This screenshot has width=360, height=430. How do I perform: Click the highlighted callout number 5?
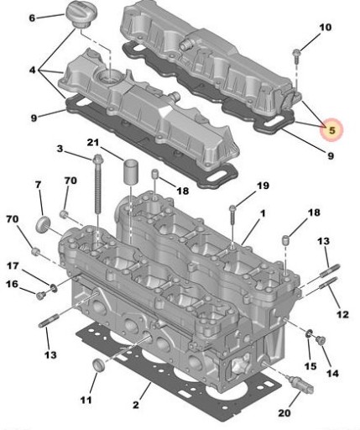click(331, 130)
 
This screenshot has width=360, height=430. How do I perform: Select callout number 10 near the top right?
click(326, 29)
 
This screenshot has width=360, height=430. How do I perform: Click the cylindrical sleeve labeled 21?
click(131, 173)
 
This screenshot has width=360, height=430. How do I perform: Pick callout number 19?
click(263, 185)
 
